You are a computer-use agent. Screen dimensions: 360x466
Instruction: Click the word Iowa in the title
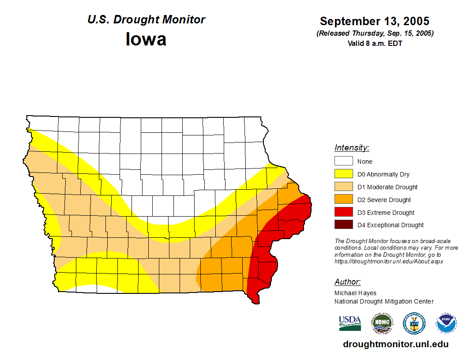click(146, 39)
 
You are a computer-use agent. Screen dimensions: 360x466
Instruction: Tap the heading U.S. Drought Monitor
click(146, 20)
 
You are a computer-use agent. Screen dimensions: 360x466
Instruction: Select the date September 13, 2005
click(375, 21)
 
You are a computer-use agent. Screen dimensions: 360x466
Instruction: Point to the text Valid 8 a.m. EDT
click(375, 43)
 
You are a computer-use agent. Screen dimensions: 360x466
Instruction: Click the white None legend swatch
click(343, 161)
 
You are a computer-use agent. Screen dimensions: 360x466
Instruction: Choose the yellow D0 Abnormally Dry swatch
click(343, 174)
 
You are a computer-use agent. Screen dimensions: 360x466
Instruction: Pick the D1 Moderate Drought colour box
click(343, 187)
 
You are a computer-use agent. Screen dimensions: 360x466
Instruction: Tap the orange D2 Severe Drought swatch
click(343, 200)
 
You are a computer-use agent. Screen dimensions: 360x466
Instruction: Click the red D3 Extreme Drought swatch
click(343, 213)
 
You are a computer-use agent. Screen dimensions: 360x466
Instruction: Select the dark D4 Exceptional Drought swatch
click(343, 225)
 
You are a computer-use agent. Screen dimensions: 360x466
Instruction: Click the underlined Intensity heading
click(352, 148)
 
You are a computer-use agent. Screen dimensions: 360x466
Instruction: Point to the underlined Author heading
click(347, 282)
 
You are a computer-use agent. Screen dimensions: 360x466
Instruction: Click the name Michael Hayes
click(355, 293)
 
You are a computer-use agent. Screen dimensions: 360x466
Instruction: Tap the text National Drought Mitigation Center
click(384, 301)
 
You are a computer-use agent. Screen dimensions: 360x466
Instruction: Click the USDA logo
click(350, 323)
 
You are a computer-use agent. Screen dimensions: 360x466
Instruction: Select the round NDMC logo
click(382, 323)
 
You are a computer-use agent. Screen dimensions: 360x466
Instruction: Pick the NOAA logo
click(446, 323)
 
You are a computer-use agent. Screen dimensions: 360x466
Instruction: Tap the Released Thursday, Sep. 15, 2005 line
click(375, 34)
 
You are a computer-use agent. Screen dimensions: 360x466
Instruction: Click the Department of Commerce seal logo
click(414, 323)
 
